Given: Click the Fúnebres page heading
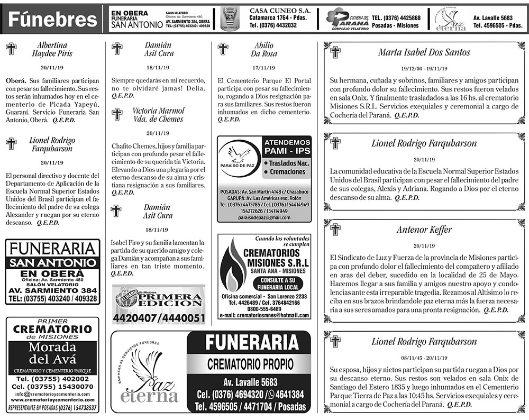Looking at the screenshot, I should (52, 20).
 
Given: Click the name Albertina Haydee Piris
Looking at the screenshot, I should (52, 49).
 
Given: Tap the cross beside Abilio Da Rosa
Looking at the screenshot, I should (223, 49).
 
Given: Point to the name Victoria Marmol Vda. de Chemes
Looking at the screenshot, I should (158, 115).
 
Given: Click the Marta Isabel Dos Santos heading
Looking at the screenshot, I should (424, 52).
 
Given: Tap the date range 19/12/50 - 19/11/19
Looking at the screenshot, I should (424, 69).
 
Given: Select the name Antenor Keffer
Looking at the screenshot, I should (424, 230).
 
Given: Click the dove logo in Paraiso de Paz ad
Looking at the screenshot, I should (240, 155).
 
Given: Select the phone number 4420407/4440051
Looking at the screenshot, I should (158, 318).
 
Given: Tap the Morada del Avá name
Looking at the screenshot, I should (52, 354).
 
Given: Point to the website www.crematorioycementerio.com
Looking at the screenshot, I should (52, 400).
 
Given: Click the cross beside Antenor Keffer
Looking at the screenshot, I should (335, 230).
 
